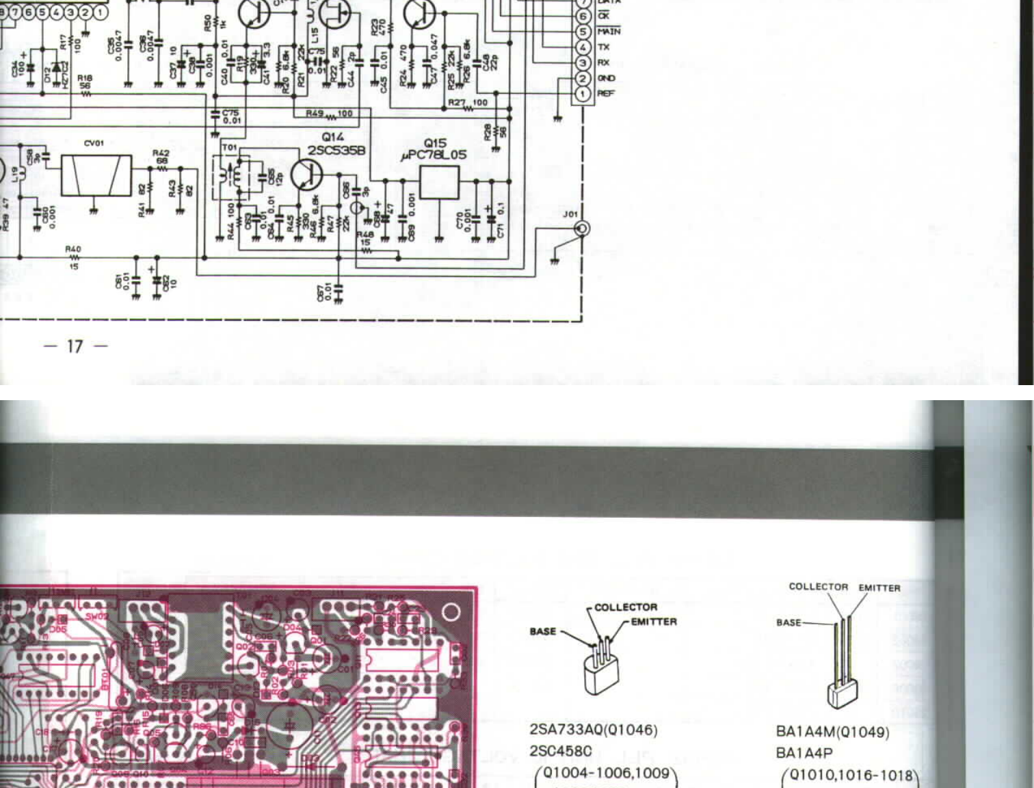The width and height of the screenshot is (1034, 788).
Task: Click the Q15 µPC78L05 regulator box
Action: pos(439,182)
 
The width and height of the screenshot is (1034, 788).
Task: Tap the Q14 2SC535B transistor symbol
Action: pos(306,175)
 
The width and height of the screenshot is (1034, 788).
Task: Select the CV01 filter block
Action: pos(96,175)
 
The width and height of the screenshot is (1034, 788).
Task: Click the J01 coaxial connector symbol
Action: pos(582,228)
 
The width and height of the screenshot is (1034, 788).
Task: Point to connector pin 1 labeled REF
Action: pos(582,94)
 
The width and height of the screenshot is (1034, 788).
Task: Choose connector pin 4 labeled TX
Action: pos(582,47)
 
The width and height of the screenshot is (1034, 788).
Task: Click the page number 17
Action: pos(75,346)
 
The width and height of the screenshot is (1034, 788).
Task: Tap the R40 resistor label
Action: pos(73,250)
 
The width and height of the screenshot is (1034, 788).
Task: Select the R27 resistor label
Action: pos(456,103)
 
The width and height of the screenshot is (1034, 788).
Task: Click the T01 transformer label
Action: pos(229,147)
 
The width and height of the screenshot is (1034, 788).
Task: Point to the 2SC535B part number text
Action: pos(336,150)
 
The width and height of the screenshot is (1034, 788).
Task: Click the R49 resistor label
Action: pos(315,113)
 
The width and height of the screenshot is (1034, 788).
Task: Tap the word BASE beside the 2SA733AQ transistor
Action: pos(543,631)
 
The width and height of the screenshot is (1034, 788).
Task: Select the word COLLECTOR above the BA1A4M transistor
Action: pos(818,587)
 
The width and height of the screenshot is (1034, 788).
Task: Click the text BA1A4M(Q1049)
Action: pos(832,732)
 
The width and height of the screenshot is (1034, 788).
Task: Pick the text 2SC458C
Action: pos(560,751)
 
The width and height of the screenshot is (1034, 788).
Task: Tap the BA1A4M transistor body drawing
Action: pos(842,692)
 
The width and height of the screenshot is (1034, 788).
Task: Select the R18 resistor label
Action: pos(85,79)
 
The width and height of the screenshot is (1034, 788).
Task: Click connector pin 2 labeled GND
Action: pos(582,79)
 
